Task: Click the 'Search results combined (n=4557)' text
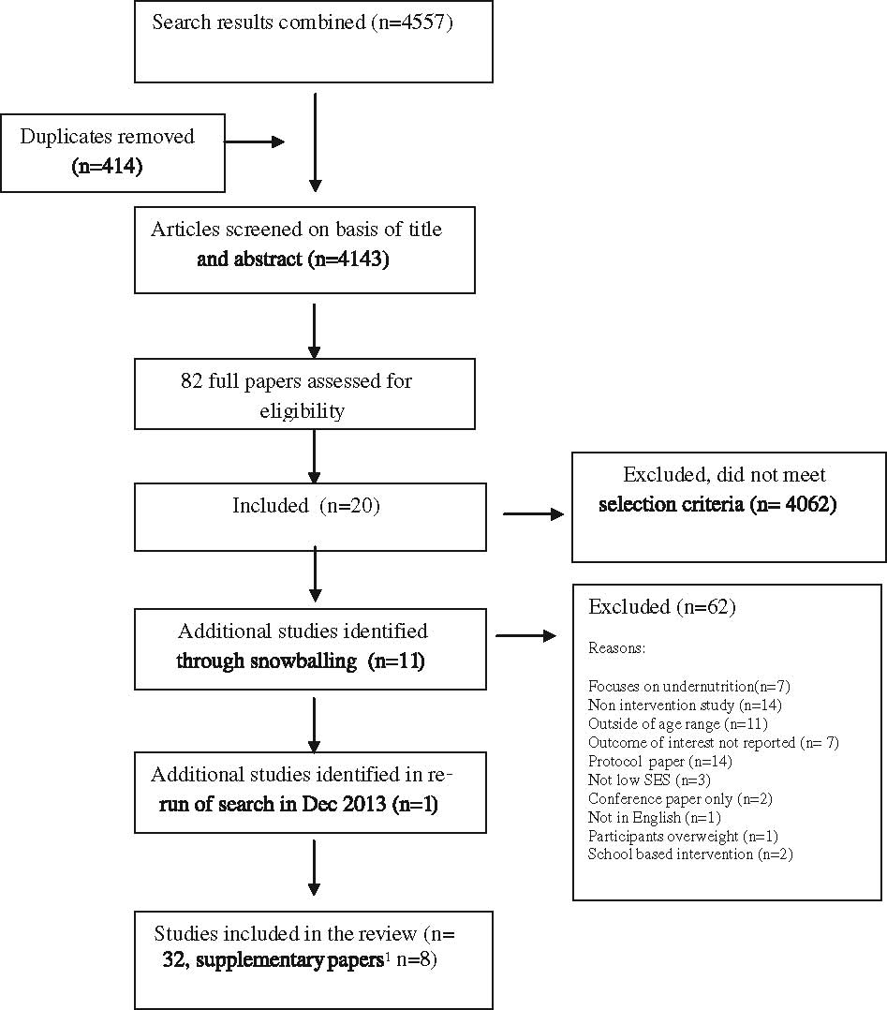[303, 22]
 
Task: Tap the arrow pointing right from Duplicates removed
[255, 141]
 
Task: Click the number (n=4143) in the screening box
[348, 259]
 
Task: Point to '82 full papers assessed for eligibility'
[296, 395]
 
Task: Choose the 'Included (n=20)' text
[306, 506]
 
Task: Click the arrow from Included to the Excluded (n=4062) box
[533, 513]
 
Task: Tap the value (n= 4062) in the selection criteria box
[793, 504]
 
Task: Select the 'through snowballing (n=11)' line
[301, 661]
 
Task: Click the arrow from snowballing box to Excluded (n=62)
[525, 636]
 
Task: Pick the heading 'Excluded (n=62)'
[661, 607]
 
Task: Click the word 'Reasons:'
[616, 648]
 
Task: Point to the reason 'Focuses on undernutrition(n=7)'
[689, 687]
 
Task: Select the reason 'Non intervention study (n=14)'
[685, 706]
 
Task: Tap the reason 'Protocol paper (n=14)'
[660, 762]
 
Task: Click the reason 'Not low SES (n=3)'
[649, 780]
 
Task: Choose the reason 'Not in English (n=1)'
[655, 817]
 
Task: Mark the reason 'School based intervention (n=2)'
[690, 854]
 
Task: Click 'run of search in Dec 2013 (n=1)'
[298, 804]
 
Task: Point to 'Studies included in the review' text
[286, 933]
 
